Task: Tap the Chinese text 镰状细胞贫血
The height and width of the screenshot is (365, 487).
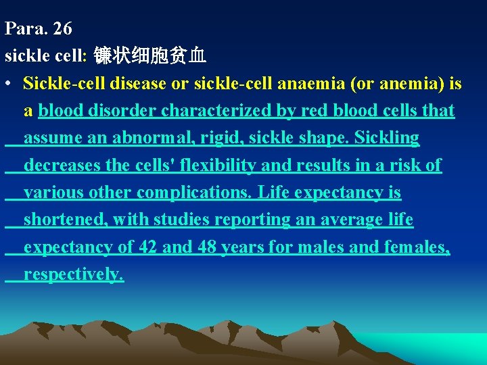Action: coord(149,55)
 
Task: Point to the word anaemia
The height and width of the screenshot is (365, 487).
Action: coord(306,84)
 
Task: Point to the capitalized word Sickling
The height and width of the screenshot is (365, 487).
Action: coord(387,138)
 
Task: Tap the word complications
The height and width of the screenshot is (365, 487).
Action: coord(195,193)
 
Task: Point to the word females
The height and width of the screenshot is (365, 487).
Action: coord(415,247)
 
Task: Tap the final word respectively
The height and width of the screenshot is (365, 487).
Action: coord(74,274)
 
